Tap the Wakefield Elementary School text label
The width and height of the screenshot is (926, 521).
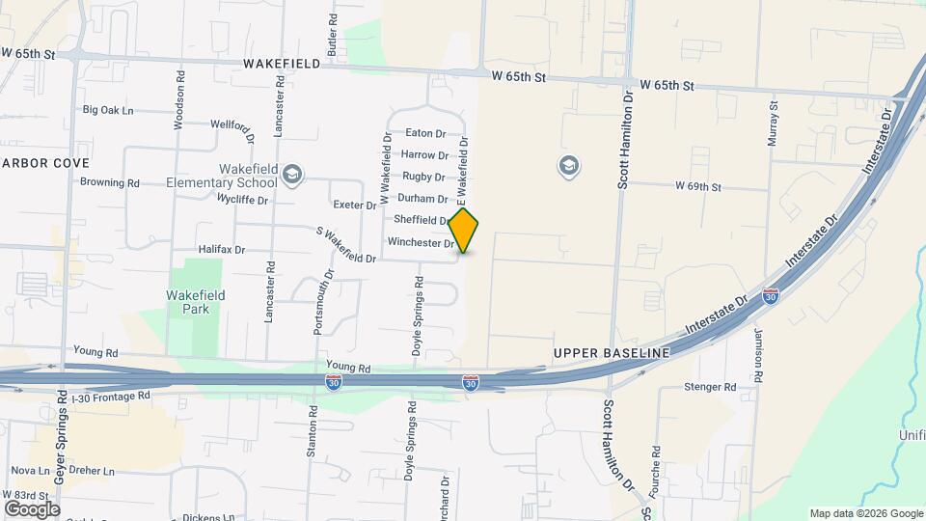[221, 176]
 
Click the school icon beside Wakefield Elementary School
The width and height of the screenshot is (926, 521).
[292, 175]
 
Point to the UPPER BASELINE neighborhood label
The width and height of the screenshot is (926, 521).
[612, 354]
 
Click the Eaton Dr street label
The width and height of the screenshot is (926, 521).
[425, 133]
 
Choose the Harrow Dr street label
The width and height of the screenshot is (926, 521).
[424, 155]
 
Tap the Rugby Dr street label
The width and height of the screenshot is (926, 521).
[424, 178]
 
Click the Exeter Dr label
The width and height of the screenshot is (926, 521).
[354, 206]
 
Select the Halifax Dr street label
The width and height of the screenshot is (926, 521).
[221, 250]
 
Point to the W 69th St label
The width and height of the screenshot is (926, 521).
[698, 185]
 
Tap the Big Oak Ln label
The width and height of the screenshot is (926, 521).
[108, 111]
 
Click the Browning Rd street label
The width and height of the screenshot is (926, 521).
[110, 182]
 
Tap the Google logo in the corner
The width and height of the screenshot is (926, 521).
[32, 508]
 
